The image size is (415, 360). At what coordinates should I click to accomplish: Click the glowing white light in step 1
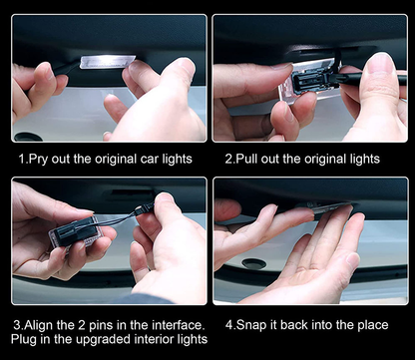[107, 62]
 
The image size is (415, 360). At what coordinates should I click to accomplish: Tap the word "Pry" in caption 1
[38, 160]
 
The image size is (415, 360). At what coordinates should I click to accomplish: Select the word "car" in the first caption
[150, 160]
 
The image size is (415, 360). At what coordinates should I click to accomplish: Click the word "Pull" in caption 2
[247, 159]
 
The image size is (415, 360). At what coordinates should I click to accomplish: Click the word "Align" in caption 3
[38, 325]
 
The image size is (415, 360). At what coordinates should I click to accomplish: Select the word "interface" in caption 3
[177, 325]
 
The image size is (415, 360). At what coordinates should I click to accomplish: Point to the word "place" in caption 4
[373, 325]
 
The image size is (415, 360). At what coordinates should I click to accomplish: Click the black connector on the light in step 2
[314, 80]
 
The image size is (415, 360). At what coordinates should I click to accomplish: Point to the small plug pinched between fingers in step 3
[145, 208]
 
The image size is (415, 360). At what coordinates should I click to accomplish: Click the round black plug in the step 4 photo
[253, 263]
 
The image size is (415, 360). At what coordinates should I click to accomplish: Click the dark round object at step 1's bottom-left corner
[28, 137]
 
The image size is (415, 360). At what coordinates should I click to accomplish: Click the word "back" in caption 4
[295, 325]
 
